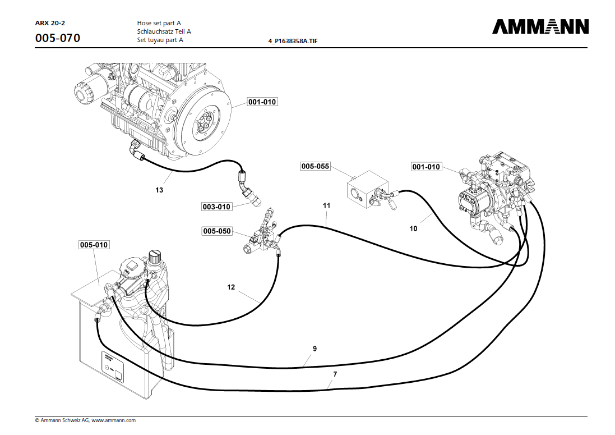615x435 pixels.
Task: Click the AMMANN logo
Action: point(540,27)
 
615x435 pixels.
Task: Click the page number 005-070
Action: point(58,38)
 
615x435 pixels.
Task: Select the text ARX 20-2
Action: point(50,23)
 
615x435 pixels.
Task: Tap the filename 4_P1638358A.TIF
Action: point(297,42)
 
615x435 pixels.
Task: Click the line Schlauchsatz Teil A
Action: point(164,31)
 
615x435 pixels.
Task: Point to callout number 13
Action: point(159,190)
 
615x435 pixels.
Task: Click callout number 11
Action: point(326,206)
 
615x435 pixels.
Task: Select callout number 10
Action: point(413,228)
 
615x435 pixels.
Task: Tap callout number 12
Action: point(231,287)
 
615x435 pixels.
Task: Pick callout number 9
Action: point(315,349)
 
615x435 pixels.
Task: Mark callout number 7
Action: point(335,374)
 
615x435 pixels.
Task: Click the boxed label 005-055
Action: point(315,167)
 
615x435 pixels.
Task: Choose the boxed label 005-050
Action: point(217,231)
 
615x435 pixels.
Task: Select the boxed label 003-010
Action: point(216,207)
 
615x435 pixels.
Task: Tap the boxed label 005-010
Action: point(94,245)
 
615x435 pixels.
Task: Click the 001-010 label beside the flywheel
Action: point(262,102)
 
